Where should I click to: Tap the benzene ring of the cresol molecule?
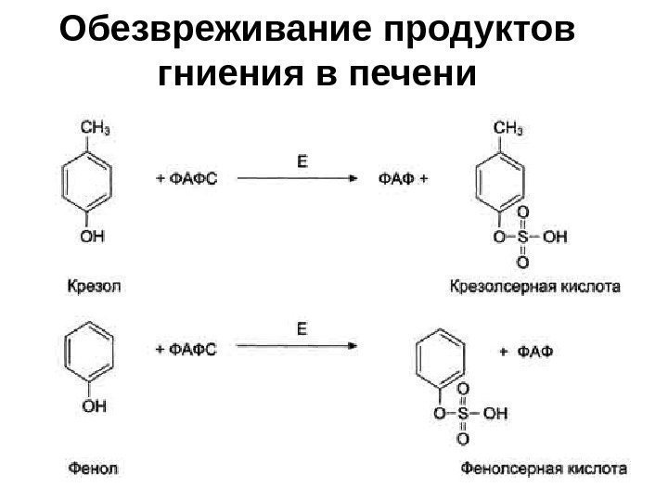click(x=86, y=181)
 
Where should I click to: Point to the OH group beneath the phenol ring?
click(x=91, y=405)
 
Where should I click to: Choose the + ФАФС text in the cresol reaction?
click(x=185, y=179)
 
